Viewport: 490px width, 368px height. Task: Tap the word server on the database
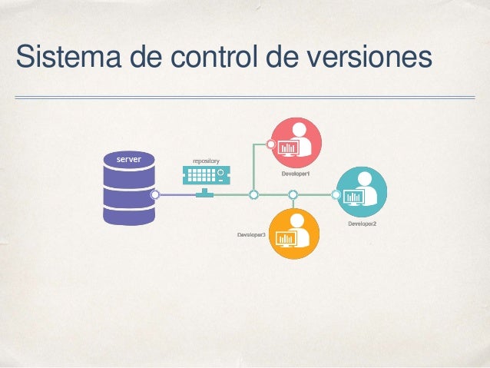127,159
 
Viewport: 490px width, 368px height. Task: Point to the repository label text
206,161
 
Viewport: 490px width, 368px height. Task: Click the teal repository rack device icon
204,176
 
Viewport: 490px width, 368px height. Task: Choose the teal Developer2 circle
362,192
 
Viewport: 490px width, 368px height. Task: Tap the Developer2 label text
362,224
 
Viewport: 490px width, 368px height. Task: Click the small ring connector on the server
155,195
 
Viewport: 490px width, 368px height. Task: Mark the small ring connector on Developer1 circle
270,144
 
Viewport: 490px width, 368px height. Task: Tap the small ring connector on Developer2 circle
336,195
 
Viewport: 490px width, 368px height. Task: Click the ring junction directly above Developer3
294,195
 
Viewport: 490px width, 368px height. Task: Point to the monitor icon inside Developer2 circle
353,198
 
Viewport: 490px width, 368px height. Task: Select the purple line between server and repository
177,195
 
